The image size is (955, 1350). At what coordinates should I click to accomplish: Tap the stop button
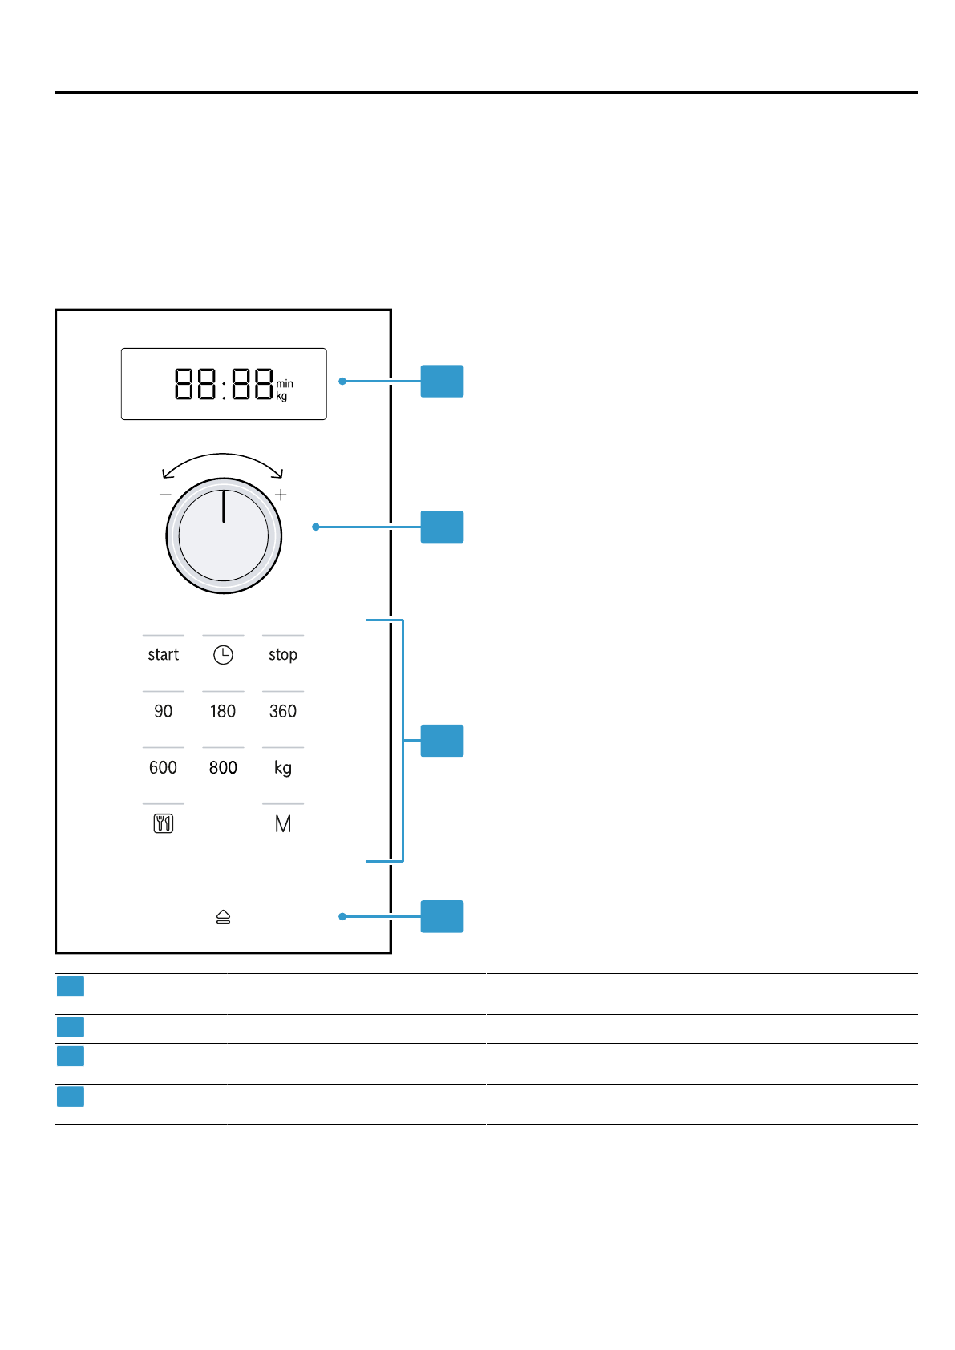pos(282,655)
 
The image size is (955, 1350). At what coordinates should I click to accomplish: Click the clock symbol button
pos(223,655)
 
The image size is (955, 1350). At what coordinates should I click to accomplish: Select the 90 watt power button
pos(163,711)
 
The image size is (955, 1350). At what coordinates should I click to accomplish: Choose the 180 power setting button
pos(223,711)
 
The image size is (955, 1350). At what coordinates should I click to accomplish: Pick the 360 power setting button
pos(282,711)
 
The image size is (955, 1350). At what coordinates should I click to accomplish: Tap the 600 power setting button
pos(163,767)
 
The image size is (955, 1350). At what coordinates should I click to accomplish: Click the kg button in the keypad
pos(282,767)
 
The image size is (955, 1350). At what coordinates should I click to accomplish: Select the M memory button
pos(282,824)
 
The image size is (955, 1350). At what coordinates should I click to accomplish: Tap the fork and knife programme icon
pos(163,823)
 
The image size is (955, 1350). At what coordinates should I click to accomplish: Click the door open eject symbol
pos(223,916)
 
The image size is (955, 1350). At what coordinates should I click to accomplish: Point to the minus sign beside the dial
pos(165,495)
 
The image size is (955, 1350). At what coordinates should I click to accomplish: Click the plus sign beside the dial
pos(281,495)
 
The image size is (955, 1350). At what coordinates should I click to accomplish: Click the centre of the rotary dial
pos(224,536)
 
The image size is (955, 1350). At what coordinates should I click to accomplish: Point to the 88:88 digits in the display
pos(224,384)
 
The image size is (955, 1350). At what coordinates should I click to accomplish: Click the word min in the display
pos(285,384)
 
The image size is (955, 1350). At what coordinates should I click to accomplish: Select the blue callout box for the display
pos(442,381)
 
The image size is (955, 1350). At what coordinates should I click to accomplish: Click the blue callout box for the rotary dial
pos(442,527)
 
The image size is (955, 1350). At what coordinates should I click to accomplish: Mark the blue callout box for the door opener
pos(442,916)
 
